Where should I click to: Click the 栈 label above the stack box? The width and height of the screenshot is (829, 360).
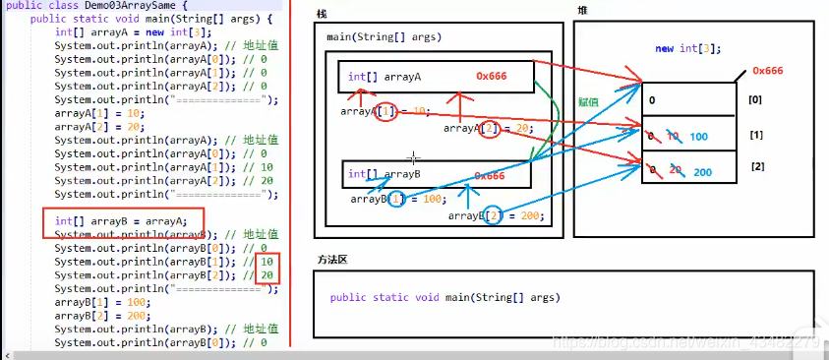pos(322,14)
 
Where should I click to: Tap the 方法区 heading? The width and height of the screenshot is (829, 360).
pos(331,259)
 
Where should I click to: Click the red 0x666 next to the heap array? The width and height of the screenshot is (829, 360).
pos(766,71)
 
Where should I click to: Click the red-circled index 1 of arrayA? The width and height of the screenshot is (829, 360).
pos(386,112)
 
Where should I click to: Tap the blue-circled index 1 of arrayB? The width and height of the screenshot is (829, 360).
pos(396,199)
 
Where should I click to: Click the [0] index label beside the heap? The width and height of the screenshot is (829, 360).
pos(754,100)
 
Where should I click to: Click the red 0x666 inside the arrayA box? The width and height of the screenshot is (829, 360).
pos(492,76)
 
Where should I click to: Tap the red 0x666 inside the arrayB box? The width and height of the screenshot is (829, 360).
pos(489,176)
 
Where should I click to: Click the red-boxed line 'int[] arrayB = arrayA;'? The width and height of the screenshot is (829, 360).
pos(121,221)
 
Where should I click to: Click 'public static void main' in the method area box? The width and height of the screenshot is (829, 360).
pos(444,297)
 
